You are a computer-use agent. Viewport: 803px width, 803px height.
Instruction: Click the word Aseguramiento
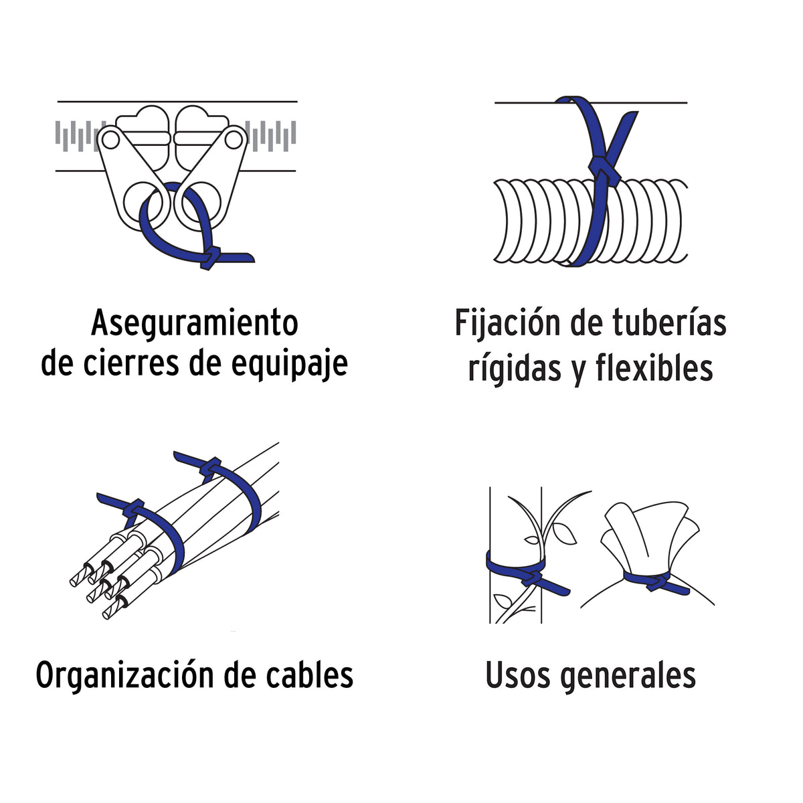(195, 323)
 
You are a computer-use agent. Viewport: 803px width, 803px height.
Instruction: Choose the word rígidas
(515, 368)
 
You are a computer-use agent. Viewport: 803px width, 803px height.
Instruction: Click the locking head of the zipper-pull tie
(210, 259)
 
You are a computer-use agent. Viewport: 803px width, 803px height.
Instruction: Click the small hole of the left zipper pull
(110, 140)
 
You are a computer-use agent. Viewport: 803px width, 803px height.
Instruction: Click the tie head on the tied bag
(657, 582)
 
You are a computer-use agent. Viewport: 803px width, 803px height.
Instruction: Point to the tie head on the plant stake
(533, 577)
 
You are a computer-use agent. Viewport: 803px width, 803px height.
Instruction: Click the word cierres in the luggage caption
(131, 364)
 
